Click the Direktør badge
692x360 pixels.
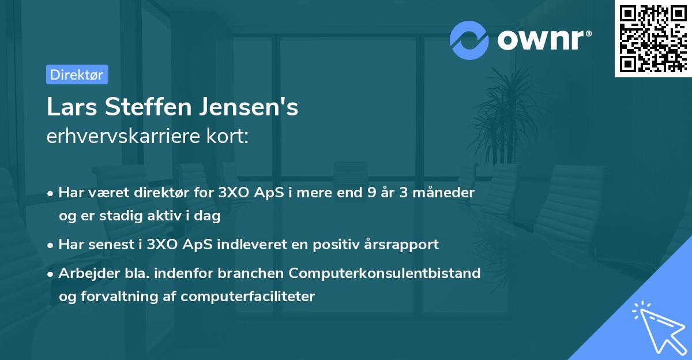pyautogui.click(x=77, y=74)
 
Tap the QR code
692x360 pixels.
pyautogui.click(x=653, y=38)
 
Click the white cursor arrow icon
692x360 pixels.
pyautogui.click(x=657, y=326)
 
